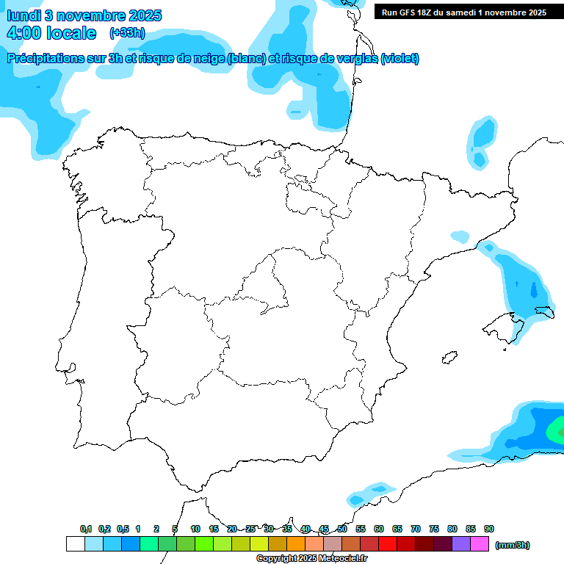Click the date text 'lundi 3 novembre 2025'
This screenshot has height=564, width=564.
84,15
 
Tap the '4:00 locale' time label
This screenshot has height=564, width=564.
51,33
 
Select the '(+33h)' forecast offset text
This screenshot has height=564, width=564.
127,33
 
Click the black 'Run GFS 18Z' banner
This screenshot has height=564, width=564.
464,12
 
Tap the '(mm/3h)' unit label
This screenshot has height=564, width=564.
512,545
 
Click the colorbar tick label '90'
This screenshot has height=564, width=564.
489,529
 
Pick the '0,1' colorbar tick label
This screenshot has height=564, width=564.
85,529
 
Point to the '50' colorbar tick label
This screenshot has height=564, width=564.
342,529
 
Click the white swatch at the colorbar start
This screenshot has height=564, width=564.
75,543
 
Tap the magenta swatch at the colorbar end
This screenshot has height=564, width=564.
480,543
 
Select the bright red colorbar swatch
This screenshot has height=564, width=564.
388,543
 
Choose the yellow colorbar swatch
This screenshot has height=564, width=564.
259,543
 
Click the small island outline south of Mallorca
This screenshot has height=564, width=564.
447,358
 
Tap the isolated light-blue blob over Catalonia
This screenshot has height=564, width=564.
460,236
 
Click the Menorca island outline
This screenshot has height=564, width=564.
545,312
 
